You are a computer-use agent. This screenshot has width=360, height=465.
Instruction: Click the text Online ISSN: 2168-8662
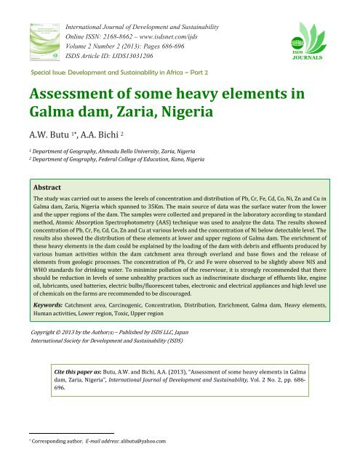tap(102, 25)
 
